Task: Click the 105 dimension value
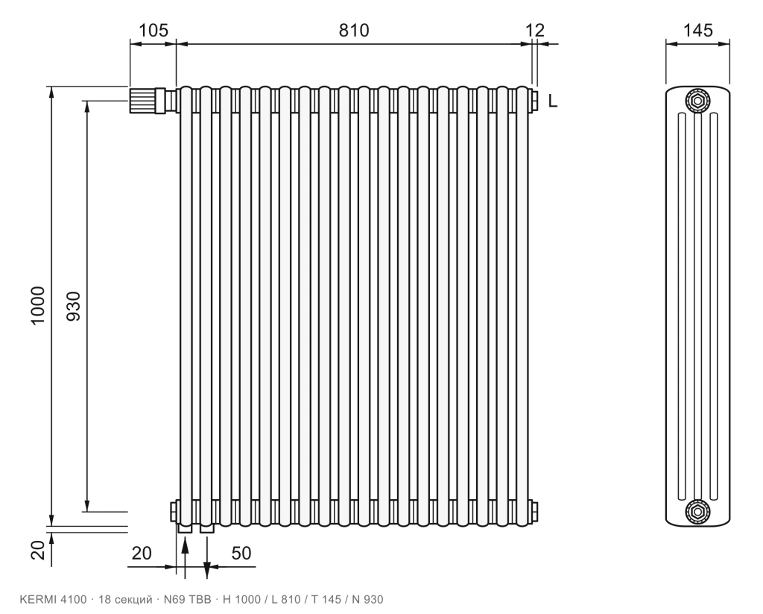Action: (153, 30)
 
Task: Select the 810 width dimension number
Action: (354, 30)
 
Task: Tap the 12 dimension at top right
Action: (535, 30)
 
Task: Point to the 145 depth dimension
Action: (697, 30)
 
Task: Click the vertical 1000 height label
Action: (37, 306)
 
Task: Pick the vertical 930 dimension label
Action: (73, 306)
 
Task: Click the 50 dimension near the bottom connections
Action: (241, 553)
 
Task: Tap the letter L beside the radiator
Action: (552, 101)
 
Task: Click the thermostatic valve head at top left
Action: (142, 100)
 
